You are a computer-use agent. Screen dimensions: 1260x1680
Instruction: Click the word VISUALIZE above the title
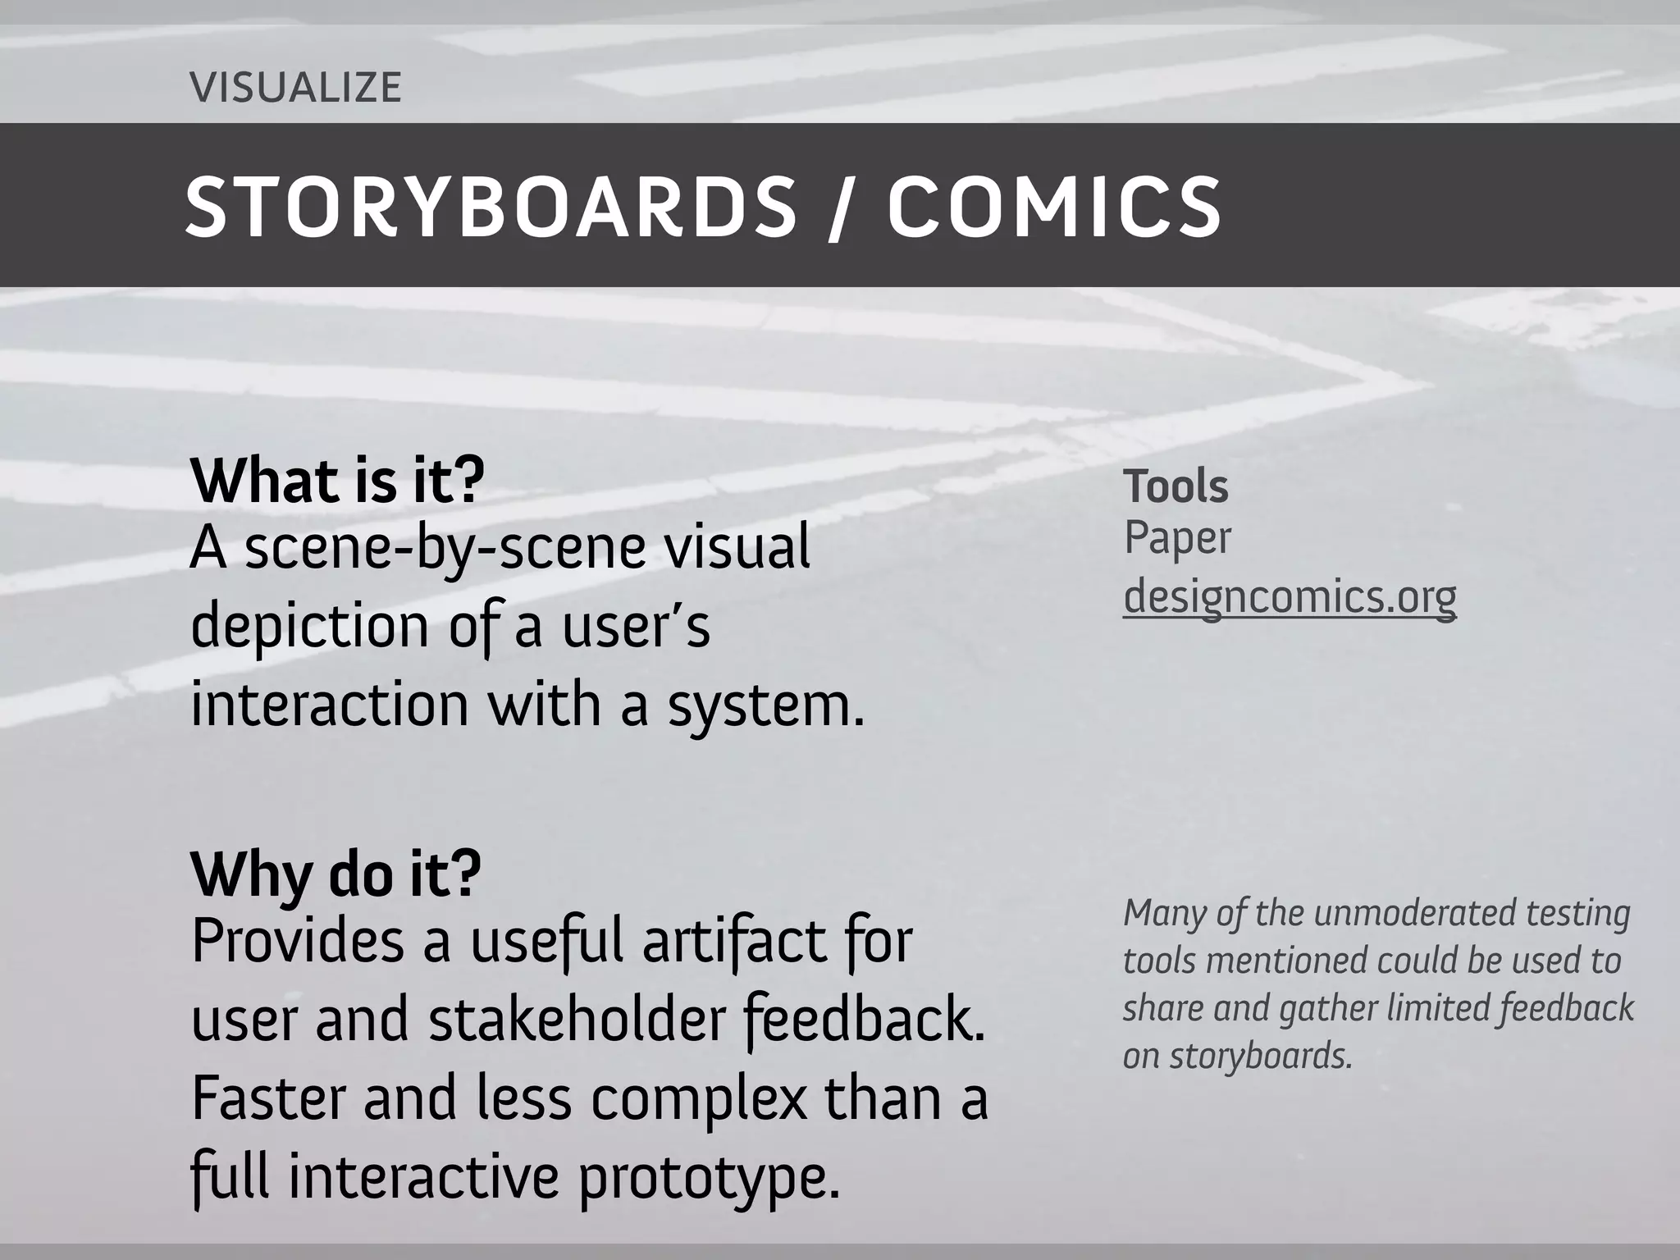(295, 88)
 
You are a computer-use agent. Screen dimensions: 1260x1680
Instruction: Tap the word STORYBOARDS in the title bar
(491, 208)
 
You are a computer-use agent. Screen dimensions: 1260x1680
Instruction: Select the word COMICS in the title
(1055, 208)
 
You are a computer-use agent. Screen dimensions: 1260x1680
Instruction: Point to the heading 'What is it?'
(337, 482)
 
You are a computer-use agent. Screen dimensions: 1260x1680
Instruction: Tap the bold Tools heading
(1176, 486)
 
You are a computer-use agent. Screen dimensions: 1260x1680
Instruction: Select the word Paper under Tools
(1177, 540)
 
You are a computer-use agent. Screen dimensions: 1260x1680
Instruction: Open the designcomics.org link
(1290, 596)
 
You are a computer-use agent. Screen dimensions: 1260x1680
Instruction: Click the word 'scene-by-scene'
(445, 549)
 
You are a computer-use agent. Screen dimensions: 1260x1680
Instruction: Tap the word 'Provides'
(298, 942)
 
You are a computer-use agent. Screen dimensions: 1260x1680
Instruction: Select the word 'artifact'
(733, 942)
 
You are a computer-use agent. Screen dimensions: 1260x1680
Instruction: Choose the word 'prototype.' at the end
(710, 1178)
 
